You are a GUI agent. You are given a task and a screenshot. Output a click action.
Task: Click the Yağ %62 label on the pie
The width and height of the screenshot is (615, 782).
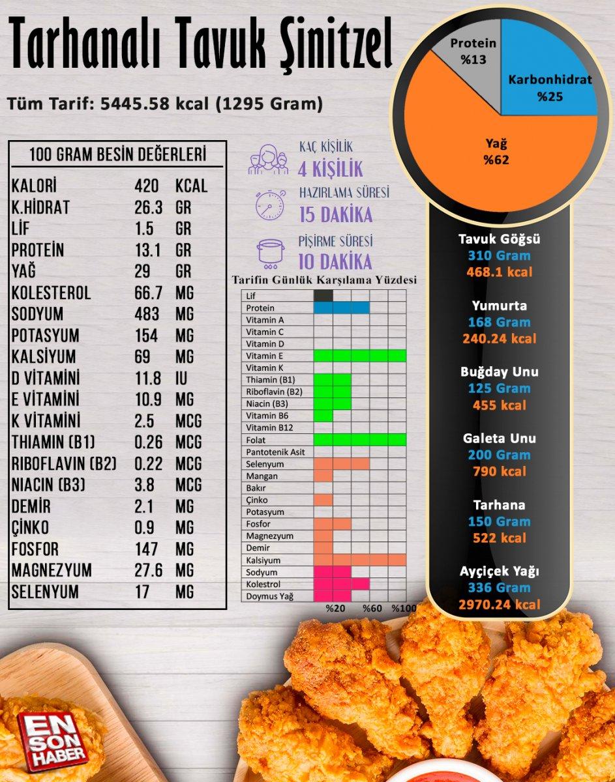496,151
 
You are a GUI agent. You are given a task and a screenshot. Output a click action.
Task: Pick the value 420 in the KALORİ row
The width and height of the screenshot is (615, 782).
147,186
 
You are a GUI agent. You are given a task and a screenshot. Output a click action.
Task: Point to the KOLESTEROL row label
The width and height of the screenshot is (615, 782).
51,293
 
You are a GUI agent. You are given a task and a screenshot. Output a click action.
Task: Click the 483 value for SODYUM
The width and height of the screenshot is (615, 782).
147,314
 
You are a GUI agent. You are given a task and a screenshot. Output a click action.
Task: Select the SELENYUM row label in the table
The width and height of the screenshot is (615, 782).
45,592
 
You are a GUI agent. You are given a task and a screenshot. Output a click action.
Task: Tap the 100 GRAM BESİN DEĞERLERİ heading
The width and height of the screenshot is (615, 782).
118,155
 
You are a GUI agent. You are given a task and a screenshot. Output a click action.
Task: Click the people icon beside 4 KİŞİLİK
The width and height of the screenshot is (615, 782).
268,160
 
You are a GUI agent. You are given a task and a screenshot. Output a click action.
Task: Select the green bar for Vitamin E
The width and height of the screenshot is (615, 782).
359,356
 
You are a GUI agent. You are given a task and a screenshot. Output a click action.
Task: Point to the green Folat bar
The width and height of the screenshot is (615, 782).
359,440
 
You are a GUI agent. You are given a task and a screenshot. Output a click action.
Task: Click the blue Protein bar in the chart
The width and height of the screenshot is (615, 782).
341,308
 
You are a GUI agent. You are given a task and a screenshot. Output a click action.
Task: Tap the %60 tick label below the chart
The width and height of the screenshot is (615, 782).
372,608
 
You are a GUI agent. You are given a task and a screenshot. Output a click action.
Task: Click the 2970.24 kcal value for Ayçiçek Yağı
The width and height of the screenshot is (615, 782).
500,604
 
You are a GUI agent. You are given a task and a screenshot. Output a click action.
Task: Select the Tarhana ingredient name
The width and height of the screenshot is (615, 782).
500,505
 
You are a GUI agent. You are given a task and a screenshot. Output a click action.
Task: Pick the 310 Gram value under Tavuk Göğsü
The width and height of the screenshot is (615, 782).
500,255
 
